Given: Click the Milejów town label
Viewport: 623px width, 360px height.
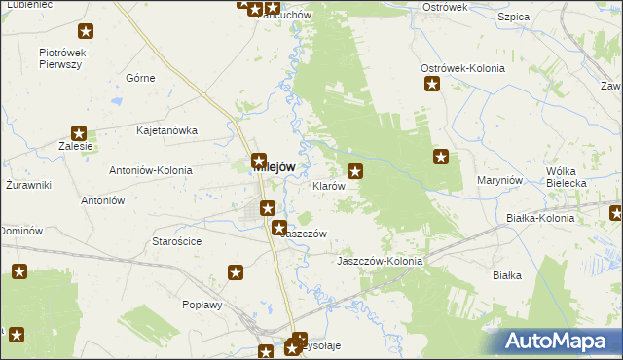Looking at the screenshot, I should click(x=275, y=167).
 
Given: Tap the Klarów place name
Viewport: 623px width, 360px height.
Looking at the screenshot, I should click(x=328, y=185).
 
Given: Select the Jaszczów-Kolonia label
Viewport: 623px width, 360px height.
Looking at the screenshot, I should click(x=379, y=261).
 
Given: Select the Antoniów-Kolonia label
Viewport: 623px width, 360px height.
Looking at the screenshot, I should click(x=152, y=167).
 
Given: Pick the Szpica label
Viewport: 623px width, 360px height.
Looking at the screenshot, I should click(x=512, y=18).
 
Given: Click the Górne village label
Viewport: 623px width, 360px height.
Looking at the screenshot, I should click(x=141, y=77).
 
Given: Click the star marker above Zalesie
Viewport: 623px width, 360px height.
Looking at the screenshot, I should click(x=80, y=134).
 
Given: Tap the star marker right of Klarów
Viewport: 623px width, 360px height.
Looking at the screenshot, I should click(x=356, y=173).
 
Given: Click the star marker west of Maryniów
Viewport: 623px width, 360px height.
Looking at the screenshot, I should click(x=441, y=156).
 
